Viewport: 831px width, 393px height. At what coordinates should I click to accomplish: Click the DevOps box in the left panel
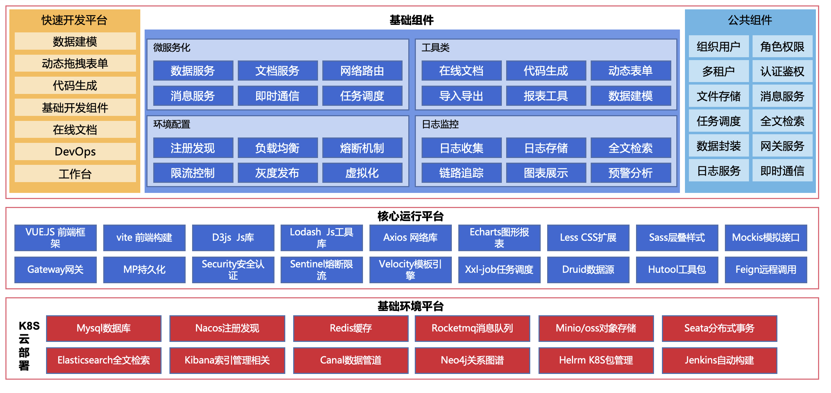[75, 152]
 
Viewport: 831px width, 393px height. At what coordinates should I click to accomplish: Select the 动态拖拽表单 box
[75, 63]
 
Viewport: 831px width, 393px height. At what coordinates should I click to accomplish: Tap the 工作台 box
[75, 174]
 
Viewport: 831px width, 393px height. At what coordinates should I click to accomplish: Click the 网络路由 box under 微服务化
[362, 71]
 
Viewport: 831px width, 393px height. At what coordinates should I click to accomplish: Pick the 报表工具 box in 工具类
[546, 96]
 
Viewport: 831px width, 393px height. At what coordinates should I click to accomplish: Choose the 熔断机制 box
[362, 148]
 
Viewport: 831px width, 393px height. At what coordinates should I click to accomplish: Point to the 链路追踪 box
[461, 173]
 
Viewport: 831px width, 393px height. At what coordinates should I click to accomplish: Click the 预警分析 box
[630, 173]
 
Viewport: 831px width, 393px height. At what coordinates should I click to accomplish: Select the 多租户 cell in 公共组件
[718, 71]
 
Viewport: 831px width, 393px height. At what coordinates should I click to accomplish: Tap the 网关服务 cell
[782, 146]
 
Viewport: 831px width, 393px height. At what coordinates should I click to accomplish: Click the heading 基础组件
[412, 20]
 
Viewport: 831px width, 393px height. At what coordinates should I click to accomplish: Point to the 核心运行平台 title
[410, 216]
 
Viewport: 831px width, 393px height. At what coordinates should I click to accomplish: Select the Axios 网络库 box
[410, 238]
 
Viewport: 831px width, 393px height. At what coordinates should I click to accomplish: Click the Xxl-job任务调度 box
[499, 270]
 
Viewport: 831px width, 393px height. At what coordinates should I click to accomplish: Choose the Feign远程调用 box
[766, 270]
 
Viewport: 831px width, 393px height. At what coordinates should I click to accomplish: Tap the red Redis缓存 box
[351, 328]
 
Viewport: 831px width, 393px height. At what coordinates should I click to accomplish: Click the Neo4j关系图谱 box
[472, 360]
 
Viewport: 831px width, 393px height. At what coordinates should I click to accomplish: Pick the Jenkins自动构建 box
[719, 360]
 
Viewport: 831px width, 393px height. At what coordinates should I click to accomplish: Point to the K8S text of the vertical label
[29, 326]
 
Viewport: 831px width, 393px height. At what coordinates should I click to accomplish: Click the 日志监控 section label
[440, 124]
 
